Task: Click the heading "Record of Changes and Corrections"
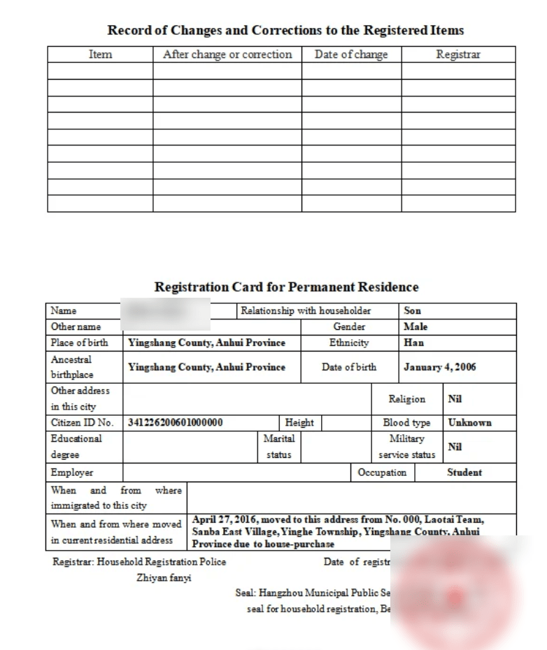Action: pos(285,30)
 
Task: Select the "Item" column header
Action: pos(100,55)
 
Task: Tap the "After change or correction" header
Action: pos(227,55)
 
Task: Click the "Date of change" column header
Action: pos(351,55)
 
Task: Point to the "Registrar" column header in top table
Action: pos(458,55)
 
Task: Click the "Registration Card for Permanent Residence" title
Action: pos(286,287)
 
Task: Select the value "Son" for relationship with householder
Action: pos(413,311)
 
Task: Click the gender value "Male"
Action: pos(415,326)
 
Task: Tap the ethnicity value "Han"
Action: pos(413,343)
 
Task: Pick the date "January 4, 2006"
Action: pos(439,367)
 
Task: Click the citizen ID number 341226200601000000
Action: pos(176,423)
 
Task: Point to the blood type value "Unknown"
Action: pos(469,423)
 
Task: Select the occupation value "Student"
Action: pos(464,472)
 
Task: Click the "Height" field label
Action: pos(299,423)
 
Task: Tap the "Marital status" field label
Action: pos(279,447)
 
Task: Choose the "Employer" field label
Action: pos(72,472)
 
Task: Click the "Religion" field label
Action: pos(406,399)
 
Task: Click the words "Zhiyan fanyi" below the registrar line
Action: pos(164,578)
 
